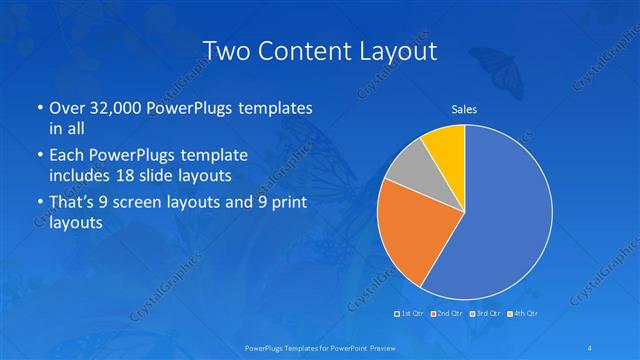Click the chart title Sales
tap(464, 108)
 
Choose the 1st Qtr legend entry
tap(408, 314)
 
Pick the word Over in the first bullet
tap(65, 108)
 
